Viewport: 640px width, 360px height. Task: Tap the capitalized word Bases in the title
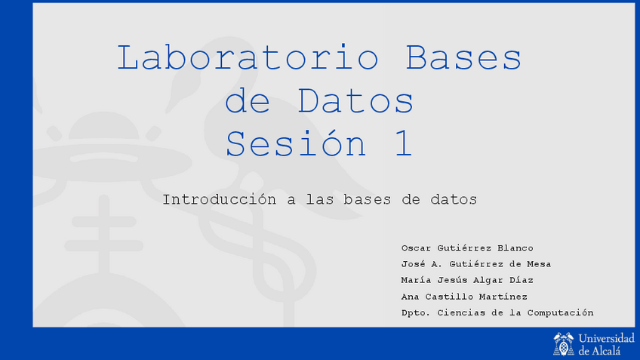(463, 58)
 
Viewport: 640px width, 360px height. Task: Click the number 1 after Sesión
(402, 143)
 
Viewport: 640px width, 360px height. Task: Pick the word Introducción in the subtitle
(217, 200)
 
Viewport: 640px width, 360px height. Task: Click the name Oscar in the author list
(416, 248)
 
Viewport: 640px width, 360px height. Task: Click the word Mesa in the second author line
(538, 264)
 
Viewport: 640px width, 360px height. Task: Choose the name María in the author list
(416, 280)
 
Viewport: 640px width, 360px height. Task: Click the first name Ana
(410, 297)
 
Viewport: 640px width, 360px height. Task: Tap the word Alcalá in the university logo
(608, 350)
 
